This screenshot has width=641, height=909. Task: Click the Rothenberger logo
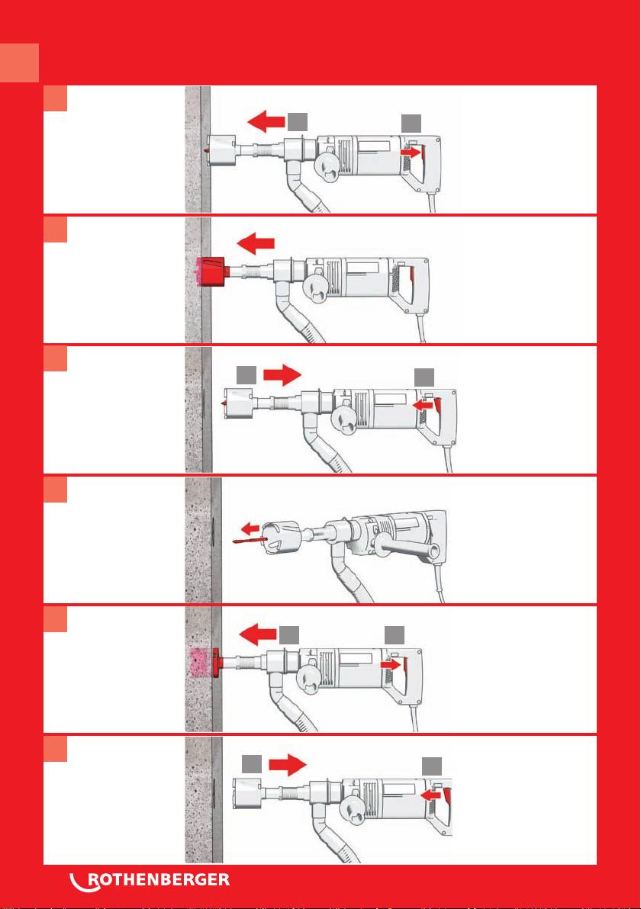(x=150, y=880)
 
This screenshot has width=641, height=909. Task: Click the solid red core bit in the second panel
(x=211, y=271)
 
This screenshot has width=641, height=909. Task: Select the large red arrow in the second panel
(x=256, y=243)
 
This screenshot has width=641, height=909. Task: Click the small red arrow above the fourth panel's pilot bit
(x=250, y=528)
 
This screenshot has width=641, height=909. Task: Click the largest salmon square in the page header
(x=19, y=63)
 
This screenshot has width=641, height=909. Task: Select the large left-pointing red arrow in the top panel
(x=266, y=122)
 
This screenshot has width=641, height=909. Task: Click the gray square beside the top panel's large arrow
(x=297, y=122)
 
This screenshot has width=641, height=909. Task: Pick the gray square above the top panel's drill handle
(x=411, y=122)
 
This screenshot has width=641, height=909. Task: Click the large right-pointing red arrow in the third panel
(x=282, y=374)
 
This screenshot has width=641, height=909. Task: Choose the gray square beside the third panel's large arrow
(x=246, y=374)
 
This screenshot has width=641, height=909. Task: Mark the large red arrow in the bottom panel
(x=287, y=764)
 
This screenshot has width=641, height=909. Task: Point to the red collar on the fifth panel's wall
(x=217, y=663)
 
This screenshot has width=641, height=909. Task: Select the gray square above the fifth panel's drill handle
(x=395, y=634)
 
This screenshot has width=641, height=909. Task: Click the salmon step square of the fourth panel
(x=55, y=490)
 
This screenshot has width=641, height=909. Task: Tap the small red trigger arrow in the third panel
(x=422, y=406)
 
